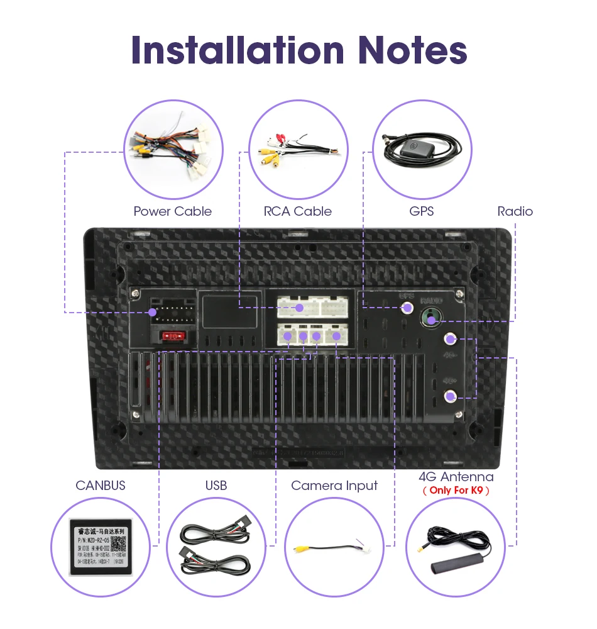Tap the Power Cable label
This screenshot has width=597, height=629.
[x=172, y=211]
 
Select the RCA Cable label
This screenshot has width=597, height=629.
[x=297, y=211]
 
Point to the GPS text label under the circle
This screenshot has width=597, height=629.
[x=421, y=211]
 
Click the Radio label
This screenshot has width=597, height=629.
[x=515, y=211]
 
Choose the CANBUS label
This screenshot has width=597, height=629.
[x=101, y=486]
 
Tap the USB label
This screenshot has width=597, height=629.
[x=216, y=486]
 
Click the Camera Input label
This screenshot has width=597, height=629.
[x=334, y=486]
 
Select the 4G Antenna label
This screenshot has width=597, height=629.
[x=456, y=477]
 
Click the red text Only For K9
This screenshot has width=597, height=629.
[x=456, y=490]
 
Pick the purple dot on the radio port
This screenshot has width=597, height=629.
[x=431, y=321]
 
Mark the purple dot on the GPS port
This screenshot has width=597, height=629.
[x=407, y=308]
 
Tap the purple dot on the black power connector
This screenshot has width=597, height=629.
[x=152, y=313]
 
